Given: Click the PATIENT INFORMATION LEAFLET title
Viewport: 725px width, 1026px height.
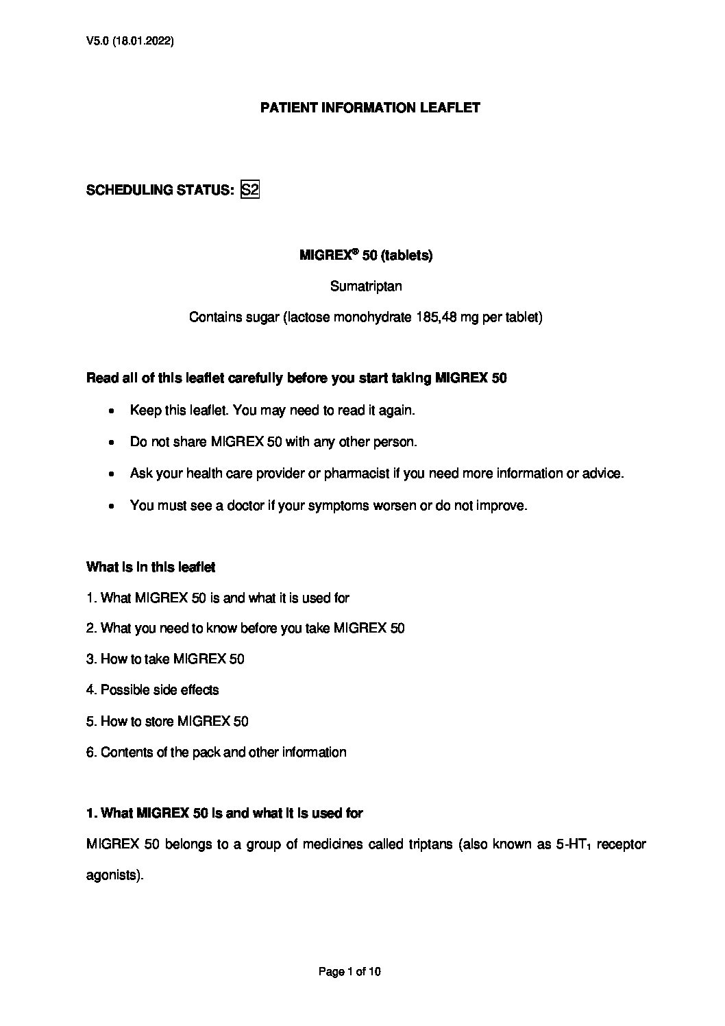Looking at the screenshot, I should pyautogui.click(x=370, y=108).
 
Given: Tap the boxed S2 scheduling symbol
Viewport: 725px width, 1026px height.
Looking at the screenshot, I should pyautogui.click(x=250, y=190).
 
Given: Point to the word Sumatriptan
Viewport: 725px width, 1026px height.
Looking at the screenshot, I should pyautogui.click(x=366, y=286).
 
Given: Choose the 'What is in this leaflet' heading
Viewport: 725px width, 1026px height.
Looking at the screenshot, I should pyautogui.click(x=151, y=567).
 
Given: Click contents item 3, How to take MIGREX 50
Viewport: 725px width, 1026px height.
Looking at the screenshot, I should pyautogui.click(x=165, y=659).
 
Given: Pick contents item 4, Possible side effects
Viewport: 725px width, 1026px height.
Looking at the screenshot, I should pyautogui.click(x=153, y=690).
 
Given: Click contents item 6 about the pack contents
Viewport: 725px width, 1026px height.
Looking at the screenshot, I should pyautogui.click(x=216, y=753).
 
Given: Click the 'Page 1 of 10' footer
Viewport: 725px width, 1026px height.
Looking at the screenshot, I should pyautogui.click(x=349, y=971).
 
